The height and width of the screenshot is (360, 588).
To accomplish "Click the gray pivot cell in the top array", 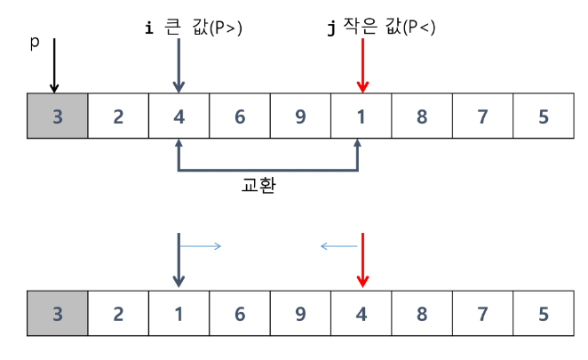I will point(58,116).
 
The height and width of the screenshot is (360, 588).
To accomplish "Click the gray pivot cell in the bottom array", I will point(58,313).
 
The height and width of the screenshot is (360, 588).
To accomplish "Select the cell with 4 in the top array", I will point(179,116).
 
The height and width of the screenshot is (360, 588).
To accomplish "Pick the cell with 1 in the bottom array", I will point(179,313).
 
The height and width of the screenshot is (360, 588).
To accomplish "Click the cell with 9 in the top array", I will point(299,116).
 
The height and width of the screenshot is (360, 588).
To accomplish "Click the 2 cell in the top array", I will point(118,116).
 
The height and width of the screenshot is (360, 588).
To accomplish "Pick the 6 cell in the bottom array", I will point(239,313).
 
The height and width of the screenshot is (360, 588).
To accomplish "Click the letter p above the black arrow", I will point(35,43).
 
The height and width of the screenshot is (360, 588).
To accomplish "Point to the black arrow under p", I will point(54,66).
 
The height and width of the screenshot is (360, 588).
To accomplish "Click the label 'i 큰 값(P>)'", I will point(193,28).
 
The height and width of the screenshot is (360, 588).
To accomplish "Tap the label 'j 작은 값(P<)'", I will point(381,28).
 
